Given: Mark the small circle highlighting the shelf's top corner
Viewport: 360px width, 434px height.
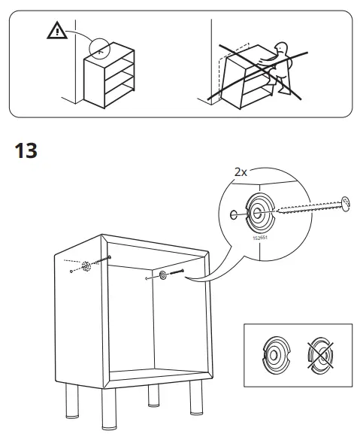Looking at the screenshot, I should pyautogui.click(x=98, y=47).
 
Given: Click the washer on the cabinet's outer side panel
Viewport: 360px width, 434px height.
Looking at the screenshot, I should pyautogui.click(x=87, y=266).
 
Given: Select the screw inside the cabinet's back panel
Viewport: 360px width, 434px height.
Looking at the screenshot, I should pyautogui.click(x=178, y=274).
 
